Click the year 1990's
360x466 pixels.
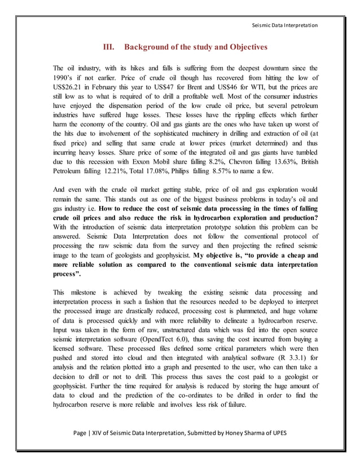64,77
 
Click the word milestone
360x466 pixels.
89,292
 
